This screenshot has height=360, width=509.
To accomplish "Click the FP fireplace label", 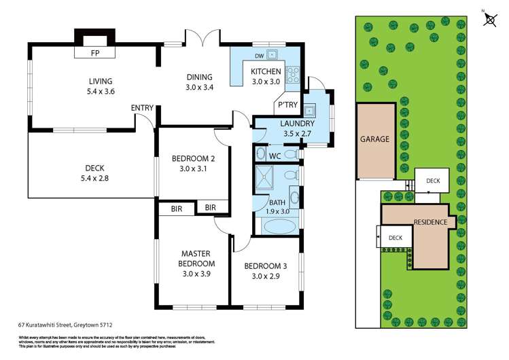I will (x=95, y=52).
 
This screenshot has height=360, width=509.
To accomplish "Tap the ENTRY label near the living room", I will (x=142, y=107).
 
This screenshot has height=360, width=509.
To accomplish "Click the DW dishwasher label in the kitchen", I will (x=259, y=55).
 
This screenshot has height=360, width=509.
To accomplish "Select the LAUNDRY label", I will (x=297, y=124).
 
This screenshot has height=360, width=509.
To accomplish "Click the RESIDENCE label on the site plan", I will (x=430, y=223).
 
